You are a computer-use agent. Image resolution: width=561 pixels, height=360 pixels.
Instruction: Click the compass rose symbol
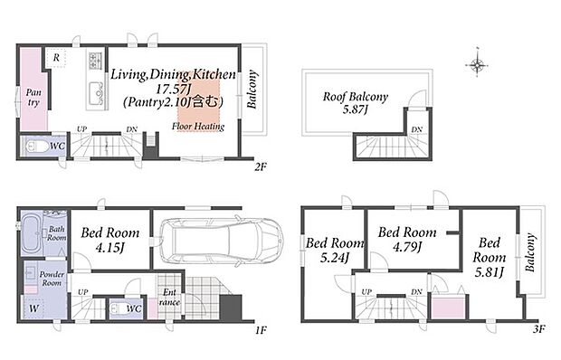(477, 65)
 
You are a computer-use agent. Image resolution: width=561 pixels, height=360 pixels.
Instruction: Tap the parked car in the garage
(221, 241)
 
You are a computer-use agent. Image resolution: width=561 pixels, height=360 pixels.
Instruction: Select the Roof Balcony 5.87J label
(356, 102)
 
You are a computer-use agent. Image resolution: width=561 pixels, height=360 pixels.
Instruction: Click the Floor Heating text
(198, 127)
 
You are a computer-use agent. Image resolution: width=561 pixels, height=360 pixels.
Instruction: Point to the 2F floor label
(261, 166)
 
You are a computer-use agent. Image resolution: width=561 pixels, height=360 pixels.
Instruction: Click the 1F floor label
(261, 330)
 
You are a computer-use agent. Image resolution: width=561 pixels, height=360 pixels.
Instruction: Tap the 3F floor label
(538, 328)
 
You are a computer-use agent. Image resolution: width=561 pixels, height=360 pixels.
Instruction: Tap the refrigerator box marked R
(56, 57)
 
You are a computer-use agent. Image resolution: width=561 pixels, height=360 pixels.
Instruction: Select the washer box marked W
(34, 308)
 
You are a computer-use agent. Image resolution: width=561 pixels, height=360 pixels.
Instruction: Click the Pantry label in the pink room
(33, 98)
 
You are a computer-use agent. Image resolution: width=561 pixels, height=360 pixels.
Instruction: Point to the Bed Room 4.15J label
(109, 240)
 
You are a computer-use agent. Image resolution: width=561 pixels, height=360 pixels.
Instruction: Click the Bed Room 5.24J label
(335, 250)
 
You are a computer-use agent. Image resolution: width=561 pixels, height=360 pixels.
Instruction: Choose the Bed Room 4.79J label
(407, 239)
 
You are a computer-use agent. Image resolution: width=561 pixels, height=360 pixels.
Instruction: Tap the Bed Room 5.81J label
(490, 258)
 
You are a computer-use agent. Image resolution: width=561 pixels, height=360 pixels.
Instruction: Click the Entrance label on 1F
(169, 297)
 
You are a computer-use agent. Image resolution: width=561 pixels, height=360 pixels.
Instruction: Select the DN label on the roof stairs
(416, 129)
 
